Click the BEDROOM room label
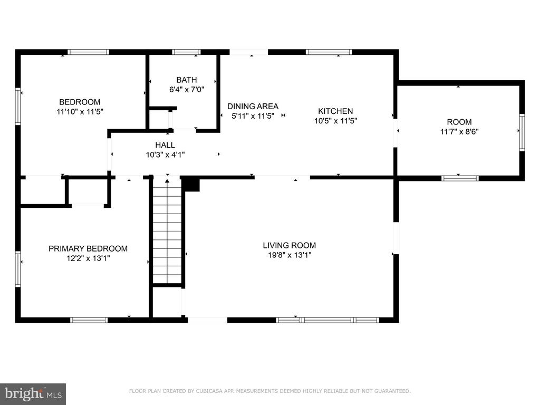pyautogui.click(x=80, y=102)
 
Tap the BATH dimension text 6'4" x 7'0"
pyautogui.click(x=187, y=90)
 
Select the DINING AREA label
pyautogui.click(x=253, y=106)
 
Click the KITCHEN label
pyautogui.click(x=335, y=111)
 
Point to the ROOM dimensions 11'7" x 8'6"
pyautogui.click(x=459, y=131)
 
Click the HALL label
pyautogui.click(x=165, y=145)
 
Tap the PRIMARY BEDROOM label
pyautogui.click(x=88, y=249)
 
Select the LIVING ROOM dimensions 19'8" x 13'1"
pyautogui.click(x=290, y=255)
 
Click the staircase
pyautogui.click(x=167, y=231)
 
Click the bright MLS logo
pyautogui.click(x=33, y=394)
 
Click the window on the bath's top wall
pyautogui.click(x=186, y=52)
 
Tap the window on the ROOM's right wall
pyautogui.click(x=522, y=132)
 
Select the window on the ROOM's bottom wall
pyautogui.click(x=460, y=178)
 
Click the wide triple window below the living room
pyautogui.click(x=327, y=320)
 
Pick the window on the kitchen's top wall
pyautogui.click(x=329, y=52)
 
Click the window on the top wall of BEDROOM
pyautogui.click(x=88, y=52)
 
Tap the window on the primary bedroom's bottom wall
pyautogui.click(x=89, y=320)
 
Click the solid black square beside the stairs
pyautogui.click(x=190, y=184)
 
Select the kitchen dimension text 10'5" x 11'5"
pyautogui.click(x=335, y=121)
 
